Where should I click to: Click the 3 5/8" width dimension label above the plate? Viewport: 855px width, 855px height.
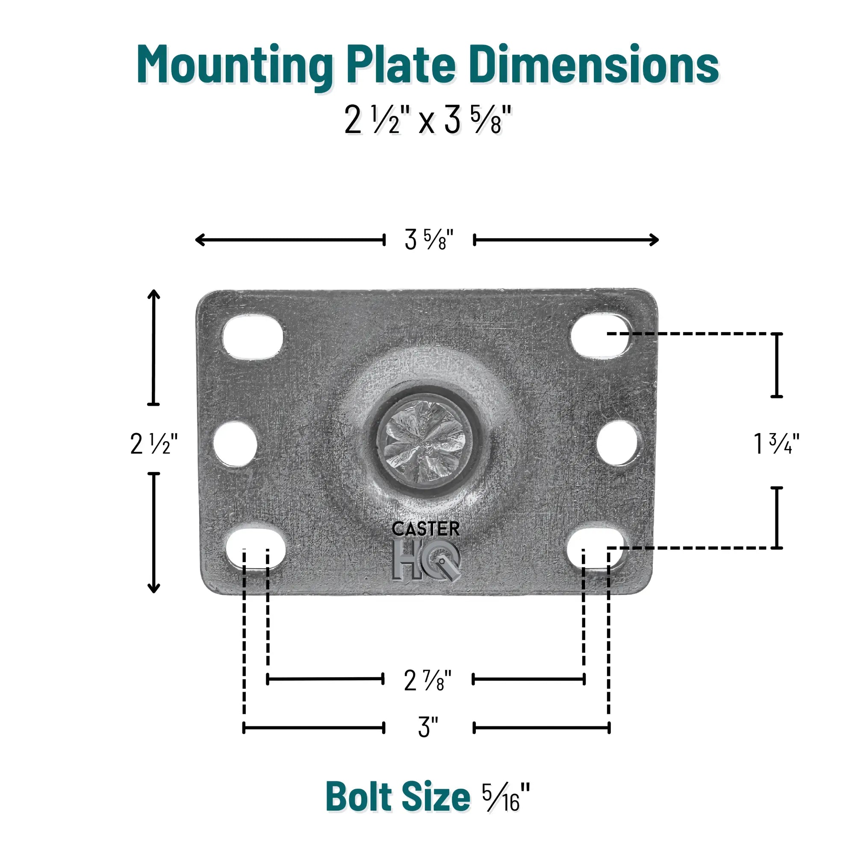(x=429, y=239)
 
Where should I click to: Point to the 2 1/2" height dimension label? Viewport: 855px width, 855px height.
(x=153, y=444)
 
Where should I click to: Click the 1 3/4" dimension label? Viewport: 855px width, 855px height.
(x=776, y=444)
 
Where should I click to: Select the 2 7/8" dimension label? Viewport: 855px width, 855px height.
(x=427, y=681)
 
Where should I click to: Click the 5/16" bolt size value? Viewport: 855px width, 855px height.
(x=506, y=797)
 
